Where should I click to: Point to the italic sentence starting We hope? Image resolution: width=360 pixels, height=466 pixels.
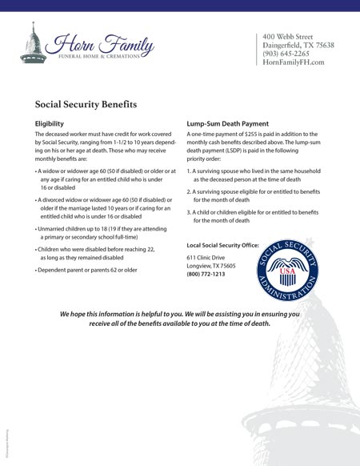pyautogui.click(x=168, y=319)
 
